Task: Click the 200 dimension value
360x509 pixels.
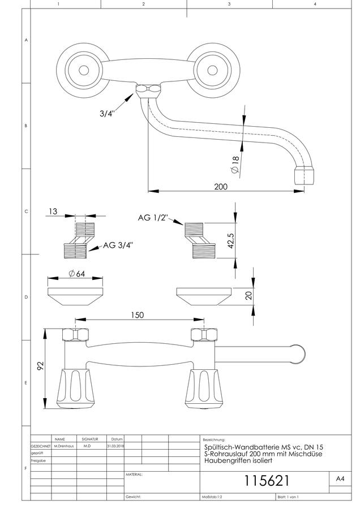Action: pyautogui.click(x=221, y=187)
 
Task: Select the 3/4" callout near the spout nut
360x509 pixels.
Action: pyautogui.click(x=107, y=113)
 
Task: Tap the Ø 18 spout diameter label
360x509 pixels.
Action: pyautogui.click(x=234, y=165)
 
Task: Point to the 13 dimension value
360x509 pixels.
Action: pyautogui.click(x=53, y=212)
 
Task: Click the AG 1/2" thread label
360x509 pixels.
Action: pyautogui.click(x=153, y=218)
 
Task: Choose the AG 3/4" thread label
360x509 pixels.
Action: pyautogui.click(x=118, y=245)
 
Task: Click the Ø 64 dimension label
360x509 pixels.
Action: pyautogui.click(x=77, y=274)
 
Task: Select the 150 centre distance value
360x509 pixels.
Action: pyautogui.click(x=137, y=315)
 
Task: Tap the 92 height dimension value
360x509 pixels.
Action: pyautogui.click(x=40, y=366)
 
